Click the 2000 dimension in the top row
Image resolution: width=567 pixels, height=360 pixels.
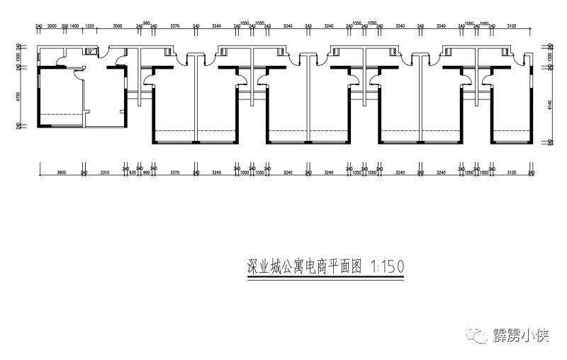(51, 25)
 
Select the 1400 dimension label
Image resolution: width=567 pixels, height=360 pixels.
(74, 25)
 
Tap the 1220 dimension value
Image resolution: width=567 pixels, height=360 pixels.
(89, 25)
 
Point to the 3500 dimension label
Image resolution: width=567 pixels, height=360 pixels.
(118, 25)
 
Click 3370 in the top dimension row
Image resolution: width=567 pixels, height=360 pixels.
(174, 25)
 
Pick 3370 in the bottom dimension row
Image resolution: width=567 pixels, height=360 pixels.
(174, 172)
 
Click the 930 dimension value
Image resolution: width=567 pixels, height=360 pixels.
(132, 172)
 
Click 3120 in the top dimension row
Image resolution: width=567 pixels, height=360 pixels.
(511, 25)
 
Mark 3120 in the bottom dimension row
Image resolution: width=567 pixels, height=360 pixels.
(511, 172)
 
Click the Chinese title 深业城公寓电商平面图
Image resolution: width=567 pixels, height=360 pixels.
(304, 266)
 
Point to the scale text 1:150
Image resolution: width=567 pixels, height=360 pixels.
(388, 266)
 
